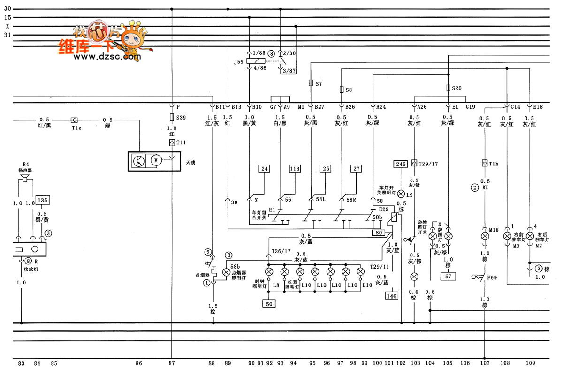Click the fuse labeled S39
[172, 118]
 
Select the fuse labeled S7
[311, 83]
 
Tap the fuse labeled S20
[449, 88]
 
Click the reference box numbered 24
[265, 169]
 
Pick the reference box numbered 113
[295, 169]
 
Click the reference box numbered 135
[42, 200]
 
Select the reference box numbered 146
[391, 296]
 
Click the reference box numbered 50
[269, 304]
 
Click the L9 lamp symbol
[401, 194]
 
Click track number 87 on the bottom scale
[172, 363]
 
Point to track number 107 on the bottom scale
[485, 363]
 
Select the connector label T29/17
[427, 164]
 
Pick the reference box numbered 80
[378, 232]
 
